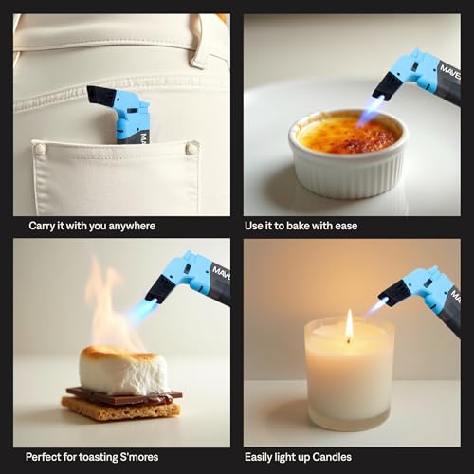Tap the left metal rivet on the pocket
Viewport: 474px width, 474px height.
[x=40, y=149]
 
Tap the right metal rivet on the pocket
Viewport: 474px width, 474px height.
[x=191, y=148]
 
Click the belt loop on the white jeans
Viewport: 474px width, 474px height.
[x=199, y=43]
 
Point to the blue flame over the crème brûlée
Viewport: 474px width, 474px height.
[x=370, y=113]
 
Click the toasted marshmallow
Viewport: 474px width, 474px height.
[x=123, y=370]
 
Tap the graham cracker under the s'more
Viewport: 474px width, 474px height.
[x=118, y=409]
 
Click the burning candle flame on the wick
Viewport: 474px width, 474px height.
[x=349, y=325]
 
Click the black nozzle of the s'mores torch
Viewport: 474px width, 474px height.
[x=158, y=289]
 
